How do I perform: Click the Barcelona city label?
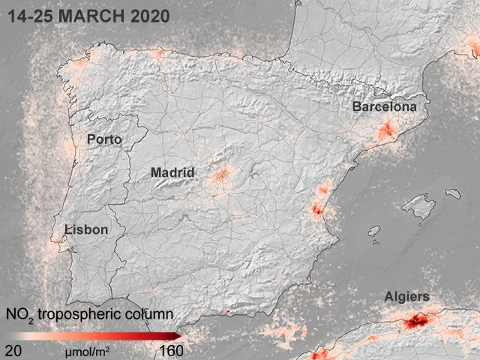pyautogui.click(x=384, y=107)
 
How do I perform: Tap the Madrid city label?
pyautogui.click(x=172, y=172)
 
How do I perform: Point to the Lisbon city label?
pyautogui.click(x=86, y=229)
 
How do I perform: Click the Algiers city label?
pyautogui.click(x=407, y=297)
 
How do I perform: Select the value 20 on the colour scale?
pyautogui.click(x=13, y=350)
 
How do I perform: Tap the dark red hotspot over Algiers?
pyautogui.click(x=415, y=322)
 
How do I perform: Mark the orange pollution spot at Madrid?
pyautogui.click(x=222, y=176)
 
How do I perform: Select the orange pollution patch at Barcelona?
pyautogui.click(x=385, y=133)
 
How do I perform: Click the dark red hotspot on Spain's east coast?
pyautogui.click(x=317, y=211)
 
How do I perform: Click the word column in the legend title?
pyautogui.click(x=153, y=313)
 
